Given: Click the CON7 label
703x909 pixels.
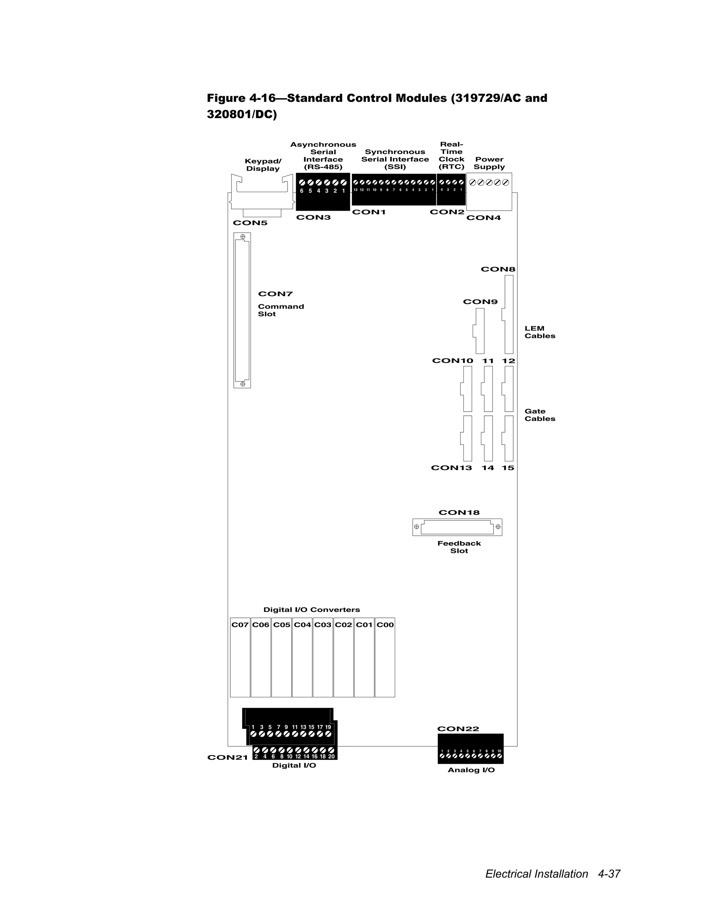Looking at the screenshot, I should coord(275,294).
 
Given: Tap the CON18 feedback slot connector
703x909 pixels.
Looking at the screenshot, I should coord(457,527).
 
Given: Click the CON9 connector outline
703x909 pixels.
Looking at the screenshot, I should coord(479,331).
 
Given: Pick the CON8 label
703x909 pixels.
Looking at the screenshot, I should coord(498,269).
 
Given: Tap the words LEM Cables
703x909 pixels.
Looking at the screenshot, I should coord(539,332).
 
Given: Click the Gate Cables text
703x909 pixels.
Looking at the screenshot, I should coord(539,415).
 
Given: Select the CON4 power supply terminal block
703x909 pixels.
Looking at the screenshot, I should coord(489,192).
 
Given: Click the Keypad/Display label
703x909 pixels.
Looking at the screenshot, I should coord(263,165).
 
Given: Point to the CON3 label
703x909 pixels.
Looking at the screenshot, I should coord(313,217).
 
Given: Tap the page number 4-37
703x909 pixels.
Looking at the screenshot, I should coord(609,873).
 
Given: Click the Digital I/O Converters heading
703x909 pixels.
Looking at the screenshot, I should coord(312,610).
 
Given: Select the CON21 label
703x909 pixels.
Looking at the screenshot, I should coord(227,757).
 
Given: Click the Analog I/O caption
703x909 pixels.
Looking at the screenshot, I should coord(471,770).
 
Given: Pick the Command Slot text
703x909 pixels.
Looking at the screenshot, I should coord(281,310).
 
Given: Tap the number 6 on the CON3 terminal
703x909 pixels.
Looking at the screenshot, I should coord(301,191).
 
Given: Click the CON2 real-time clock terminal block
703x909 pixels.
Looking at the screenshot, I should coord(451,190).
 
